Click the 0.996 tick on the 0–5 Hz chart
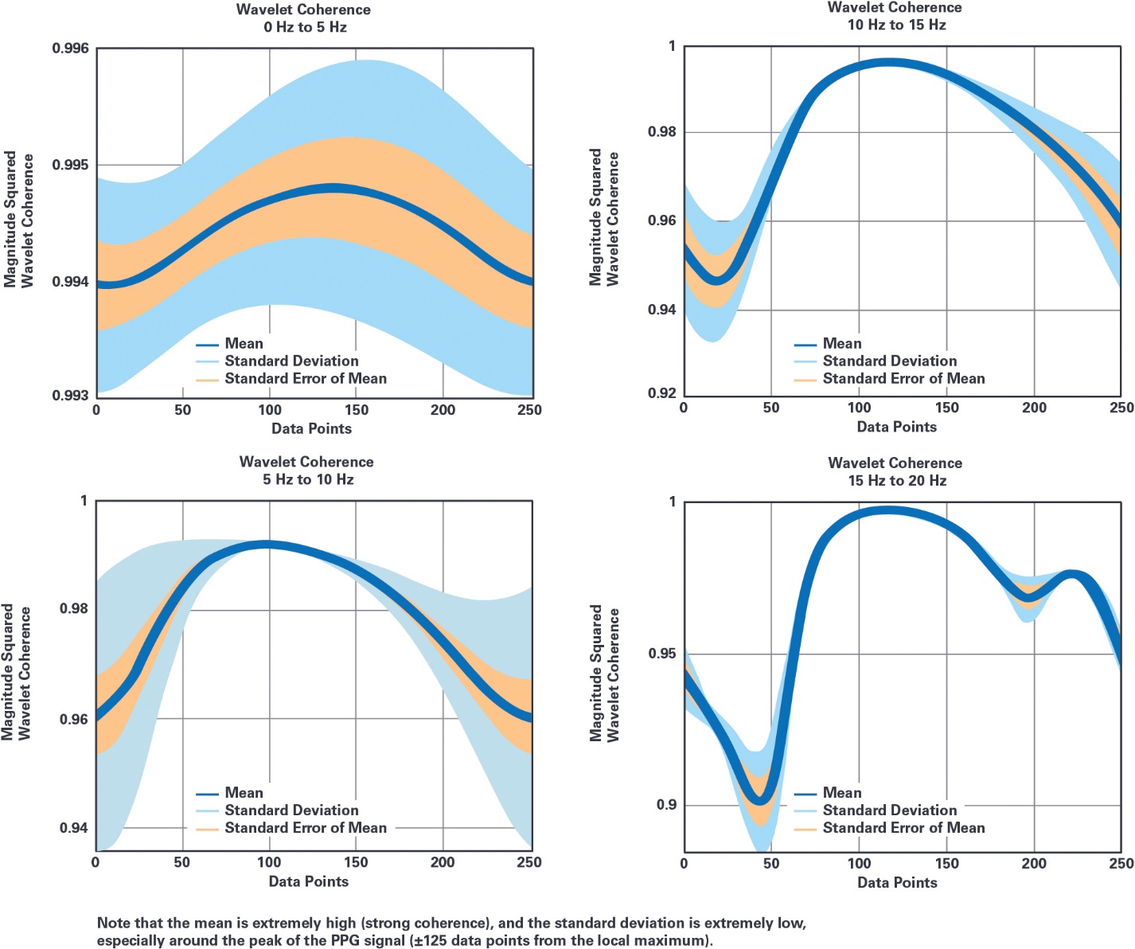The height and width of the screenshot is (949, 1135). coord(71,49)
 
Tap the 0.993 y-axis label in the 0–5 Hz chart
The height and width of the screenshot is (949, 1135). coord(71,396)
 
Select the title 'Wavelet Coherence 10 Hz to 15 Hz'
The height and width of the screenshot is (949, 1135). coord(895,16)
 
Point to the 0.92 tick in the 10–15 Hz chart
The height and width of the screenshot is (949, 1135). coord(661,393)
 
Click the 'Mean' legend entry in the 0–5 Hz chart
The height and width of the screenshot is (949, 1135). coord(244,344)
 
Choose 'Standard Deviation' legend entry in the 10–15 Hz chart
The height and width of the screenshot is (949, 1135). coord(889,361)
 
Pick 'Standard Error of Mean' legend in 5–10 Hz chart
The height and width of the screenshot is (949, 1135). coord(306,828)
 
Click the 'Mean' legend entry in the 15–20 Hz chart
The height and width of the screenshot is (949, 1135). coord(841,793)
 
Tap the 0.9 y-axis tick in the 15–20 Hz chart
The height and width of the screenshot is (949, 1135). coord(666,805)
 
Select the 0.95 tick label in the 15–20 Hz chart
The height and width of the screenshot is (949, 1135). coord(662,654)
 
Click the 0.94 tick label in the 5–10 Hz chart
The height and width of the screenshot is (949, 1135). coord(73,828)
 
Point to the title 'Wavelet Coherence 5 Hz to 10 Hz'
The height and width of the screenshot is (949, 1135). coord(306,471)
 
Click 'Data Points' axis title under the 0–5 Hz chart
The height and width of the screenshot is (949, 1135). coord(311,428)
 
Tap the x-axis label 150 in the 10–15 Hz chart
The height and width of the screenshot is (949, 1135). coord(946,408)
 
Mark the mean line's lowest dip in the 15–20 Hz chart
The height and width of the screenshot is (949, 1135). coord(760,798)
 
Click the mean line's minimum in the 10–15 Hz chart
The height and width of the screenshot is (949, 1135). coord(716,280)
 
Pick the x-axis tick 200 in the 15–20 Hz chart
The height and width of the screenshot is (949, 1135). coord(1034,863)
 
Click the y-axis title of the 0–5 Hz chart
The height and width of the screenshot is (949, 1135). coord(19,219)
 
